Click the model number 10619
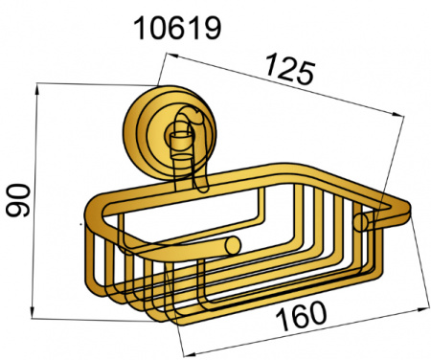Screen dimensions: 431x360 click(x=177, y=29)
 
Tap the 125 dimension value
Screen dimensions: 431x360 click(x=290, y=69)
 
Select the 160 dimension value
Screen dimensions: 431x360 click(x=301, y=316)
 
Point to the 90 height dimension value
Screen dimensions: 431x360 click(x=18, y=200)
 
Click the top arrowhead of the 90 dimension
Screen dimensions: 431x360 click(x=37, y=89)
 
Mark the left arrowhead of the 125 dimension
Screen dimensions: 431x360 click(x=172, y=56)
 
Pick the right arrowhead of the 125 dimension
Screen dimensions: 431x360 click(x=398, y=114)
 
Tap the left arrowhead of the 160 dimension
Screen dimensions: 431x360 click(x=189, y=353)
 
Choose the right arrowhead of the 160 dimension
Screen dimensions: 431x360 click(x=422, y=308)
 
